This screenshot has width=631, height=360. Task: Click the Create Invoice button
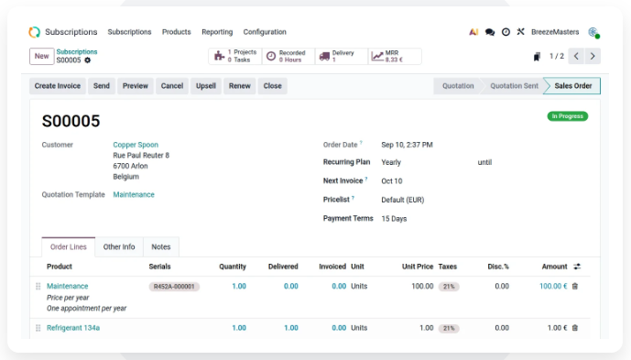(57, 86)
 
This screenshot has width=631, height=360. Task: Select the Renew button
(239, 86)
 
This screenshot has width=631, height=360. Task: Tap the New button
(41, 56)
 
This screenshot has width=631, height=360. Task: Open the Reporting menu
(217, 32)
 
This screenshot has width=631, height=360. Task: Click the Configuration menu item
(265, 32)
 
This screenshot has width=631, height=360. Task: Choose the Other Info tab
(119, 246)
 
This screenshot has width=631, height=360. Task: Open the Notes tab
(161, 246)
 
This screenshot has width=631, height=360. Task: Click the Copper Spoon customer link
(136, 145)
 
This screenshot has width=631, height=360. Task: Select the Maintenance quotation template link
(134, 194)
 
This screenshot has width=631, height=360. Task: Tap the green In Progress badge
(568, 116)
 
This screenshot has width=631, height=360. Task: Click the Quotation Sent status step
(514, 86)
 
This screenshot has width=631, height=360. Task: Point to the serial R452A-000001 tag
(174, 287)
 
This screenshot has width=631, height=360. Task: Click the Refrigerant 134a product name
(73, 328)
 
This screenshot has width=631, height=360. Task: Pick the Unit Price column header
(418, 267)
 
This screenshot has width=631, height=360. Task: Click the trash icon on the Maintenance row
(575, 286)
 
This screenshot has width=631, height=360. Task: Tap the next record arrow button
(593, 56)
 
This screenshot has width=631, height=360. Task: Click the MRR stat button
(395, 56)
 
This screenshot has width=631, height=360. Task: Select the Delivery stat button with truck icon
(342, 56)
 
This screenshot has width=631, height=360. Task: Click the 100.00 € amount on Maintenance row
(553, 286)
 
